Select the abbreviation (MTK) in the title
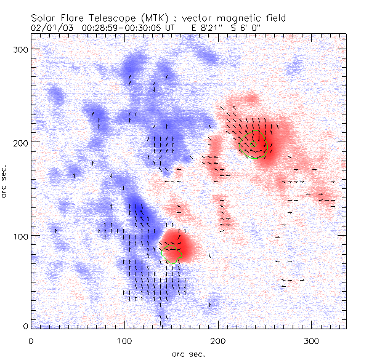pyautogui.click(x=158, y=18)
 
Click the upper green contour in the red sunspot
pyautogui.click(x=255, y=144)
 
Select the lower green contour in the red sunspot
pyautogui.click(x=171, y=252)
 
